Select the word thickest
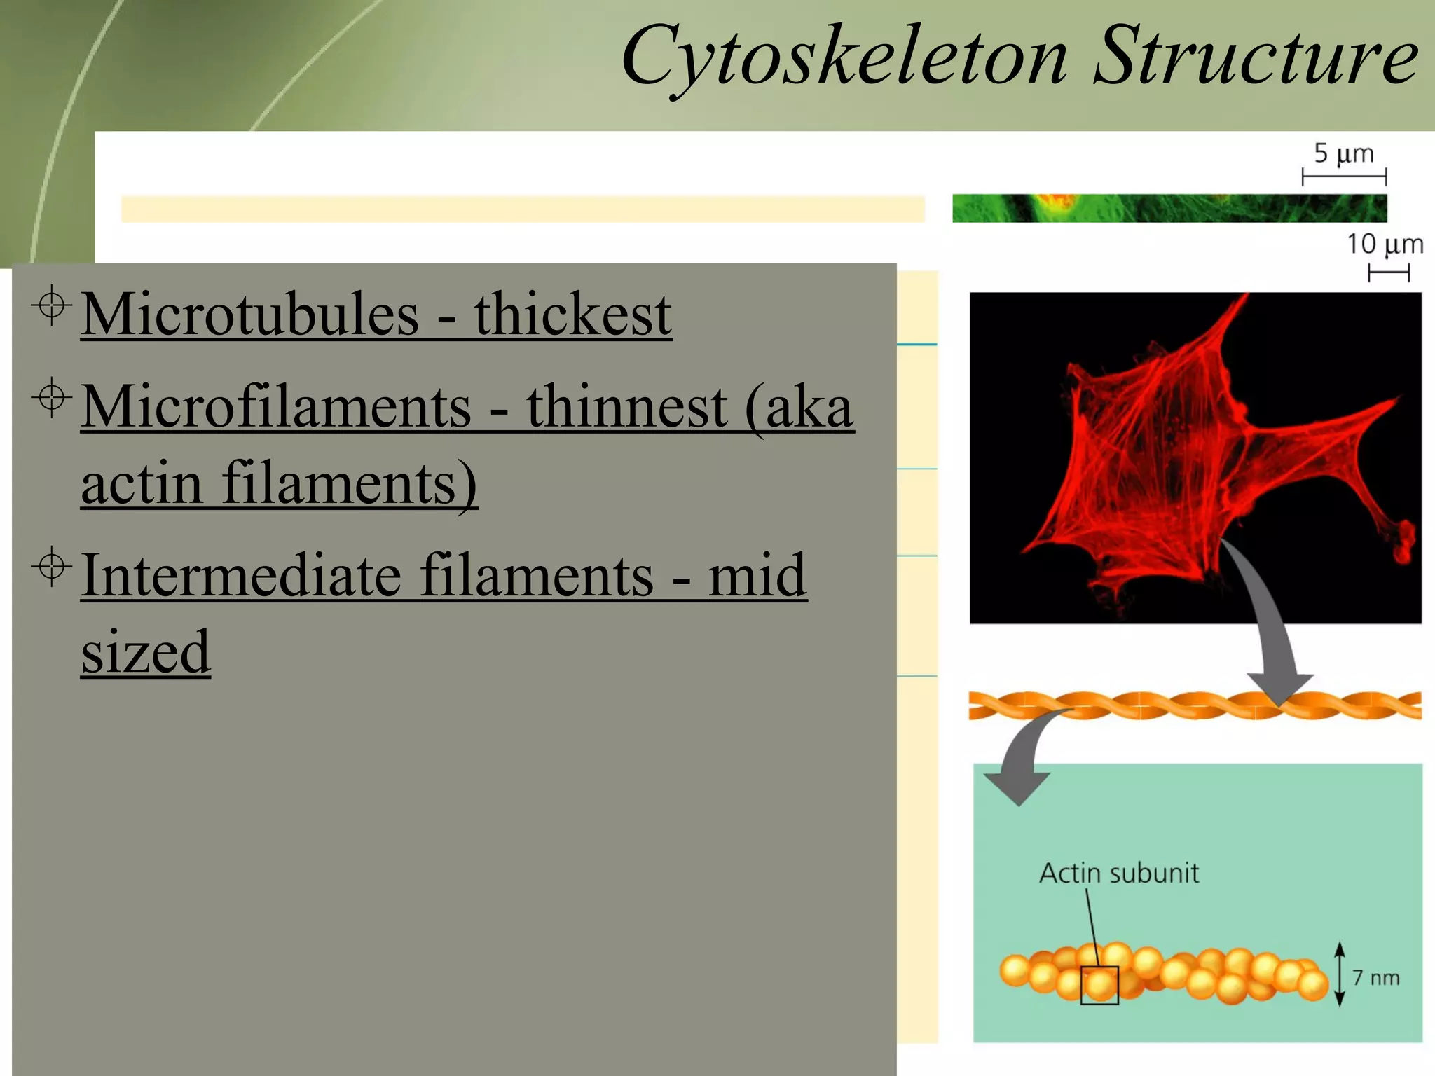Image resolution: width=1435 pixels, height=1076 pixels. [572, 315]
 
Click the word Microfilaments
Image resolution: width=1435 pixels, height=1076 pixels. [276, 407]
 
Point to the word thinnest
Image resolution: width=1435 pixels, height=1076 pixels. [627, 407]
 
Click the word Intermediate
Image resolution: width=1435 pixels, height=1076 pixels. [241, 576]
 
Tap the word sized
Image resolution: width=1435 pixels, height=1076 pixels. [146, 651]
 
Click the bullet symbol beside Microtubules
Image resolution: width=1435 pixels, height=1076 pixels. [51, 305]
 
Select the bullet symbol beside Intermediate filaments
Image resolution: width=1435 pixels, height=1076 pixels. [51, 566]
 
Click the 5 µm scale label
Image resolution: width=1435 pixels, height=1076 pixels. [1343, 153]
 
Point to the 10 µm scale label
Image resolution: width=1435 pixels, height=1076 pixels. [1385, 244]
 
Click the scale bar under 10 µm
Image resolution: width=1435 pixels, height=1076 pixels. [1388, 273]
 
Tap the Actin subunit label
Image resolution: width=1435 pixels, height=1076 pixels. [1118, 874]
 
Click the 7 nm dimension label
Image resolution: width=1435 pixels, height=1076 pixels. [1375, 978]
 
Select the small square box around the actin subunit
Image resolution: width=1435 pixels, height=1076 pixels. [1099, 985]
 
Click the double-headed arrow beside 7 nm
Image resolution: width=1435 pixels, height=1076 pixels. [1339, 974]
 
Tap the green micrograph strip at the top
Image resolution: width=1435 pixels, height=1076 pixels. [1169, 209]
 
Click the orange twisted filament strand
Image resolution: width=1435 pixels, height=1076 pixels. [1191, 705]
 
